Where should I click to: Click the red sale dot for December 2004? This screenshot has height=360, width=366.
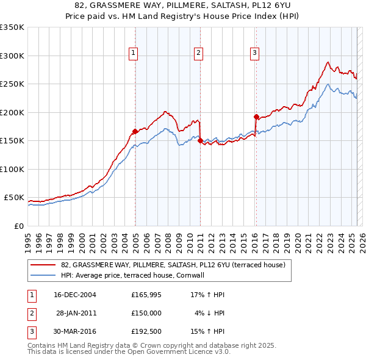(x=135, y=131)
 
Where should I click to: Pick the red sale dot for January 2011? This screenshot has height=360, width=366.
(x=200, y=140)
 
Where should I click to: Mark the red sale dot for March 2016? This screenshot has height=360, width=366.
(x=256, y=116)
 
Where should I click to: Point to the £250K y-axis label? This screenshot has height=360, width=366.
(x=12, y=84)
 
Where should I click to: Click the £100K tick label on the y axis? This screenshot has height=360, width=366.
(x=12, y=169)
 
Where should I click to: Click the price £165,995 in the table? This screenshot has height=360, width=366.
(x=145, y=295)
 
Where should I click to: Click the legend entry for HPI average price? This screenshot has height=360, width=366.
(x=132, y=275)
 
